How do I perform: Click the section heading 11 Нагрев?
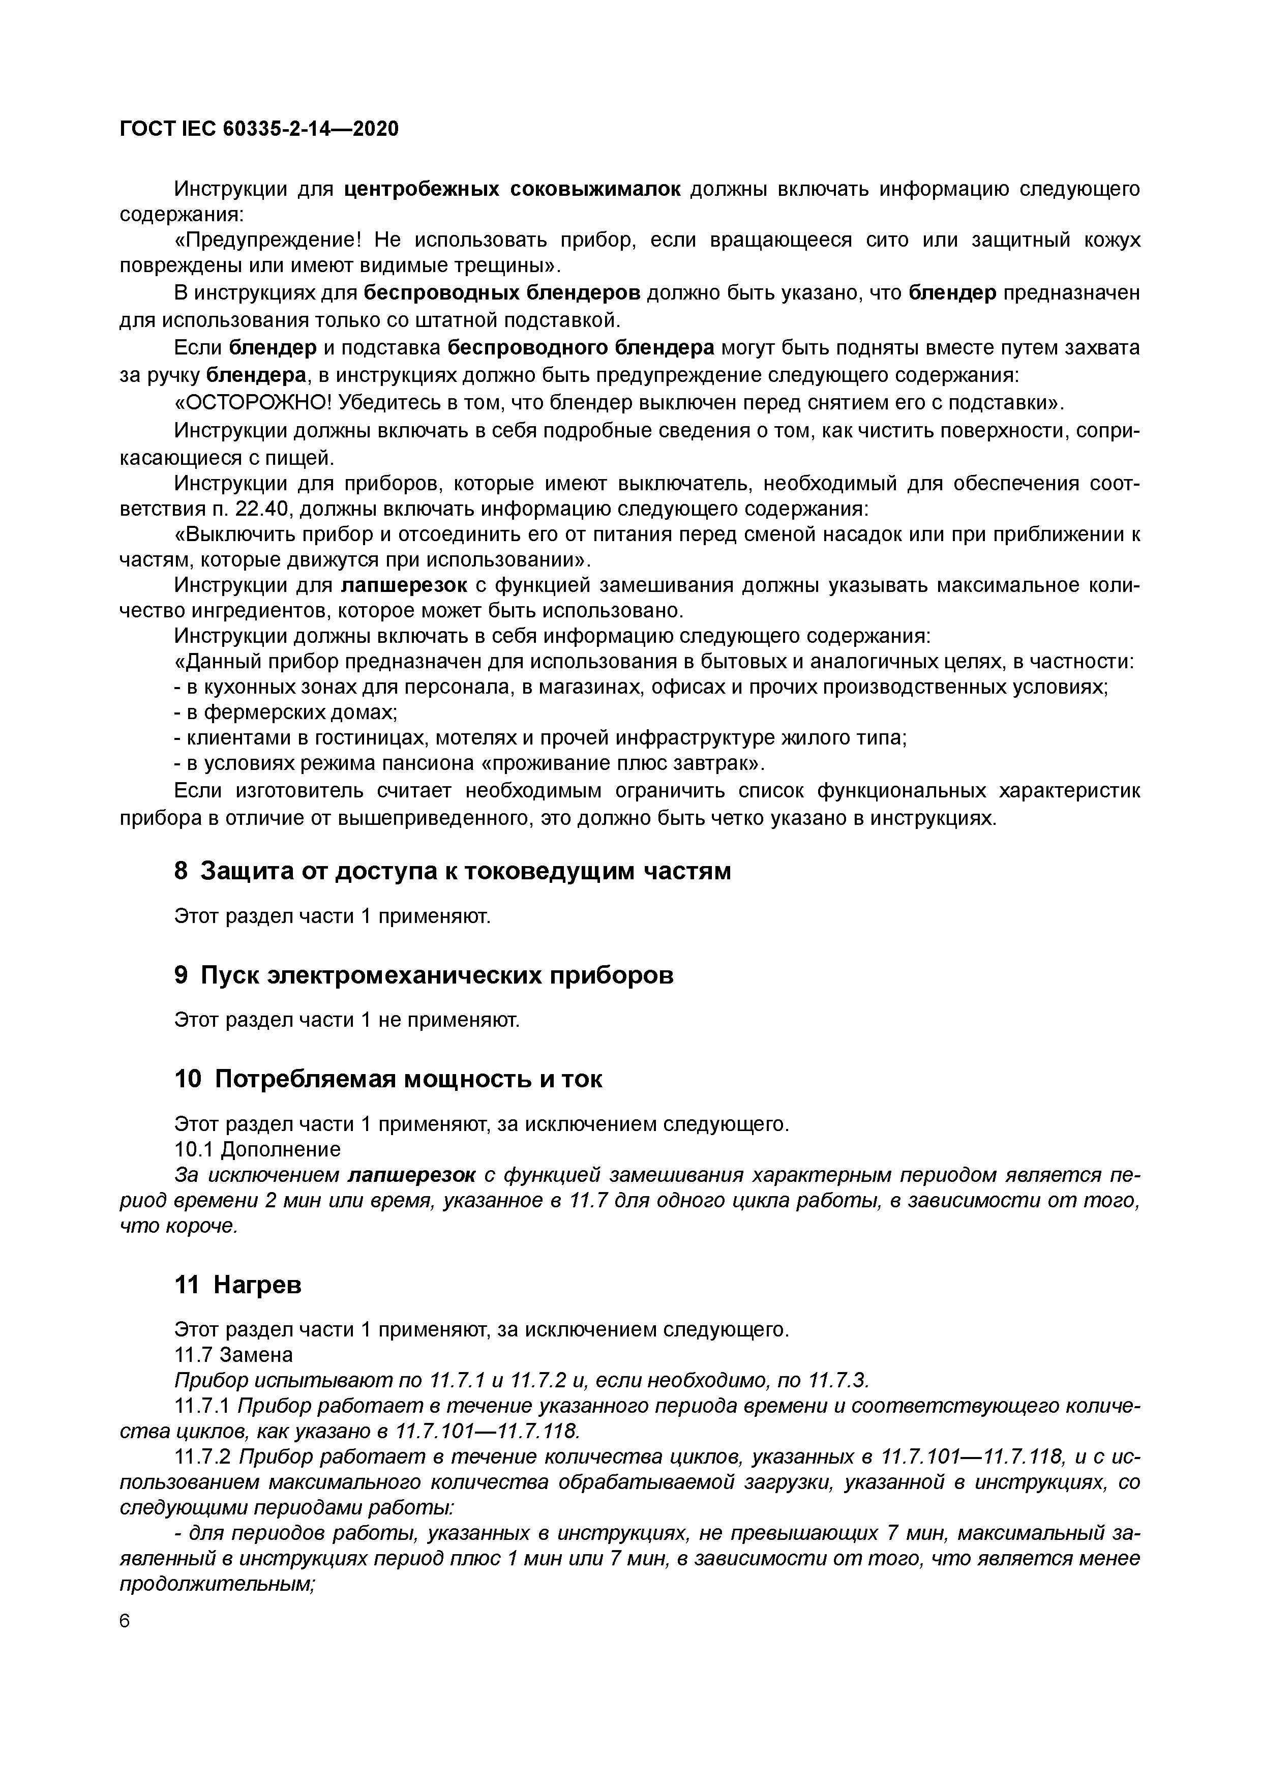[x=238, y=1285]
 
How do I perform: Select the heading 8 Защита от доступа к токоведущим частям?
[x=452, y=872]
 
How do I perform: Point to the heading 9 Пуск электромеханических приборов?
[x=424, y=975]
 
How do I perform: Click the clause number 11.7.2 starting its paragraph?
[x=202, y=1456]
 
